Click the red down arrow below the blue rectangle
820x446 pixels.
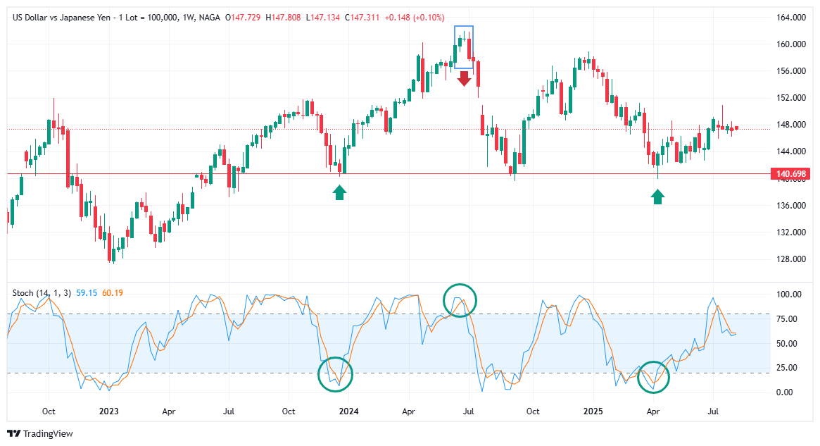(464, 78)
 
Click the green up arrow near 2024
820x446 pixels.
(340, 192)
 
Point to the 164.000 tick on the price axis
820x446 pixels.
(792, 18)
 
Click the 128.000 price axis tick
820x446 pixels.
(792, 259)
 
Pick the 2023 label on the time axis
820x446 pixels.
(108, 411)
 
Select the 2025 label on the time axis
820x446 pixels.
(593, 411)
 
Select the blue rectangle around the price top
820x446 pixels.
(464, 47)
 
